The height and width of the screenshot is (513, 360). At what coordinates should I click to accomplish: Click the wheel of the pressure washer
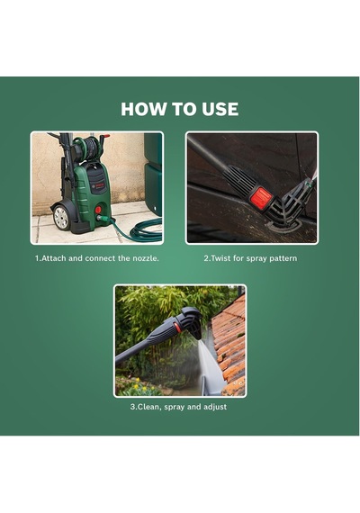pos(61,217)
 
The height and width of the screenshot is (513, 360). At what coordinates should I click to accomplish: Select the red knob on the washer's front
pos(98,210)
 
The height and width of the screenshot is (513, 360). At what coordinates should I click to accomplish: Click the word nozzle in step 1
pos(145,258)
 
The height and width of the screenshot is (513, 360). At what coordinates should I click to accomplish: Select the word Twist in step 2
pos(220,258)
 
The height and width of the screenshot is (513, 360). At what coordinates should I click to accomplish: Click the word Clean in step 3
pos(149,407)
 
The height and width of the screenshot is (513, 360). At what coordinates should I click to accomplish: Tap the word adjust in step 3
pos(215,408)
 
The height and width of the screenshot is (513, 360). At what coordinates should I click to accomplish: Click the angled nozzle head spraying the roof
pos(191,321)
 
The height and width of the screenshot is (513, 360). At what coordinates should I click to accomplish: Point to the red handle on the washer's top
pos(105,136)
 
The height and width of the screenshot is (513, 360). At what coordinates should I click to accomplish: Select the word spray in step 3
pos(174,408)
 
